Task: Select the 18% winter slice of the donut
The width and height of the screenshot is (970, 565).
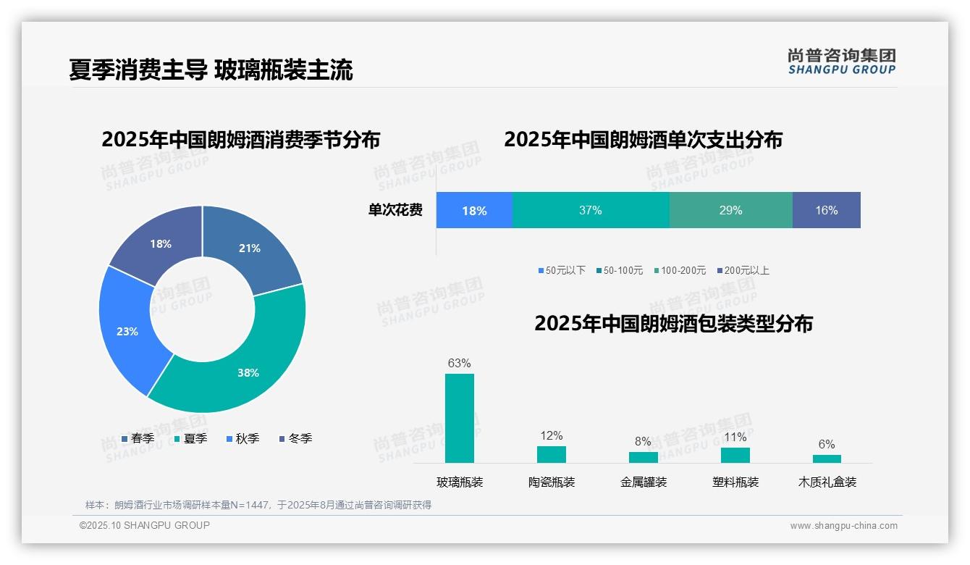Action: coord(156,239)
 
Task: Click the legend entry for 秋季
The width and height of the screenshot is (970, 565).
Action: coord(242,438)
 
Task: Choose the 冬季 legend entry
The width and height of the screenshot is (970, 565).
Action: coord(295,438)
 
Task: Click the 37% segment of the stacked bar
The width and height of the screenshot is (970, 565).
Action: coord(590,210)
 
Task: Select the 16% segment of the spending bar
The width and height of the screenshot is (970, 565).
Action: coord(826,210)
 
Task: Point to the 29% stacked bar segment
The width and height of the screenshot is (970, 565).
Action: coord(730,210)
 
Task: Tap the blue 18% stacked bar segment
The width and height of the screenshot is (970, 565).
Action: coord(474,210)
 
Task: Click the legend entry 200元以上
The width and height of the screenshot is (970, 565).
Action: coord(743,270)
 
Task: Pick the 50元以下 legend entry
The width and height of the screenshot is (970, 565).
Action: coord(562,270)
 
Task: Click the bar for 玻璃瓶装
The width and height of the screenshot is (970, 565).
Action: coord(460,418)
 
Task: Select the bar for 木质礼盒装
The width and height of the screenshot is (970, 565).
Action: coord(827,459)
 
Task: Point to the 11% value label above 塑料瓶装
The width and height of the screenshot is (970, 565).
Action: coord(735,437)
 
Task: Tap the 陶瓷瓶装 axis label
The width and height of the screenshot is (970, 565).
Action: coord(552,482)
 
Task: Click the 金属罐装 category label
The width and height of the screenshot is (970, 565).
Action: coord(644,482)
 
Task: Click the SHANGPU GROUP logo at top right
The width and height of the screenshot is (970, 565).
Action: coord(842,62)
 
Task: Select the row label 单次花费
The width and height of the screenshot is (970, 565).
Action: coord(395,210)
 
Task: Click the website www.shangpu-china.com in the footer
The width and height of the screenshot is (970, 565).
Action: coord(843,526)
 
